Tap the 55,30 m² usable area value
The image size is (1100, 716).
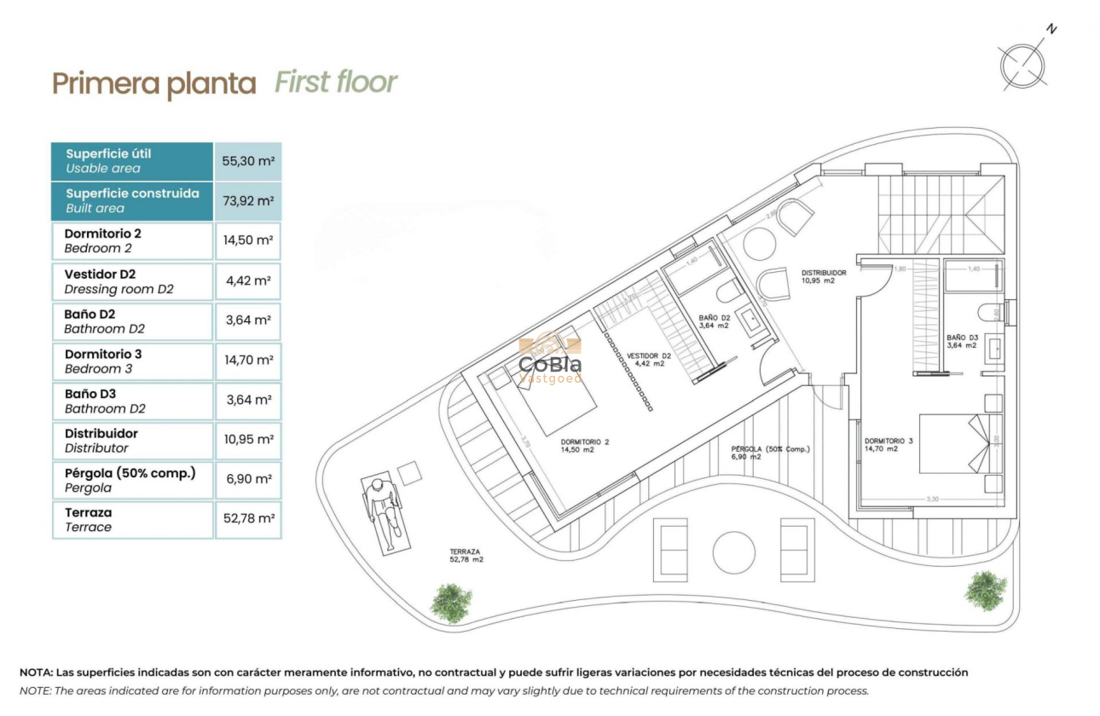[x=247, y=160]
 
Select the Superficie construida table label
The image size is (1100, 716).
[x=132, y=200]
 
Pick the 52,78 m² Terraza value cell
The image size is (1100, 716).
[x=247, y=518]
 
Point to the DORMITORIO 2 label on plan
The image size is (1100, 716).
[x=585, y=446]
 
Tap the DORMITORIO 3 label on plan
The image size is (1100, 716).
[x=889, y=444]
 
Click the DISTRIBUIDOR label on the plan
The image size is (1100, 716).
[x=823, y=276]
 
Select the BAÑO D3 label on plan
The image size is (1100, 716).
[x=963, y=341]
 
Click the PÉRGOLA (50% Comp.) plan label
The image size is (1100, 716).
[x=770, y=453]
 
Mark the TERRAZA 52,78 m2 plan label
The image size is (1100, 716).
[x=466, y=556]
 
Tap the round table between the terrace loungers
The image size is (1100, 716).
[x=733, y=551]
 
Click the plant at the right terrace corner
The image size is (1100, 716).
[x=986, y=590]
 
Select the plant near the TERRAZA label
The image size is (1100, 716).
[x=450, y=602]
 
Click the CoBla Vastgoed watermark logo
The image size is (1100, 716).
[x=551, y=362]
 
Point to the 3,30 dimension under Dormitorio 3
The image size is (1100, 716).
[x=931, y=499]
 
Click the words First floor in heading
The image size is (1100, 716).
[x=336, y=83]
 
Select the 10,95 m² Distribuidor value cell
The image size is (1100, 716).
[x=247, y=440]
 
